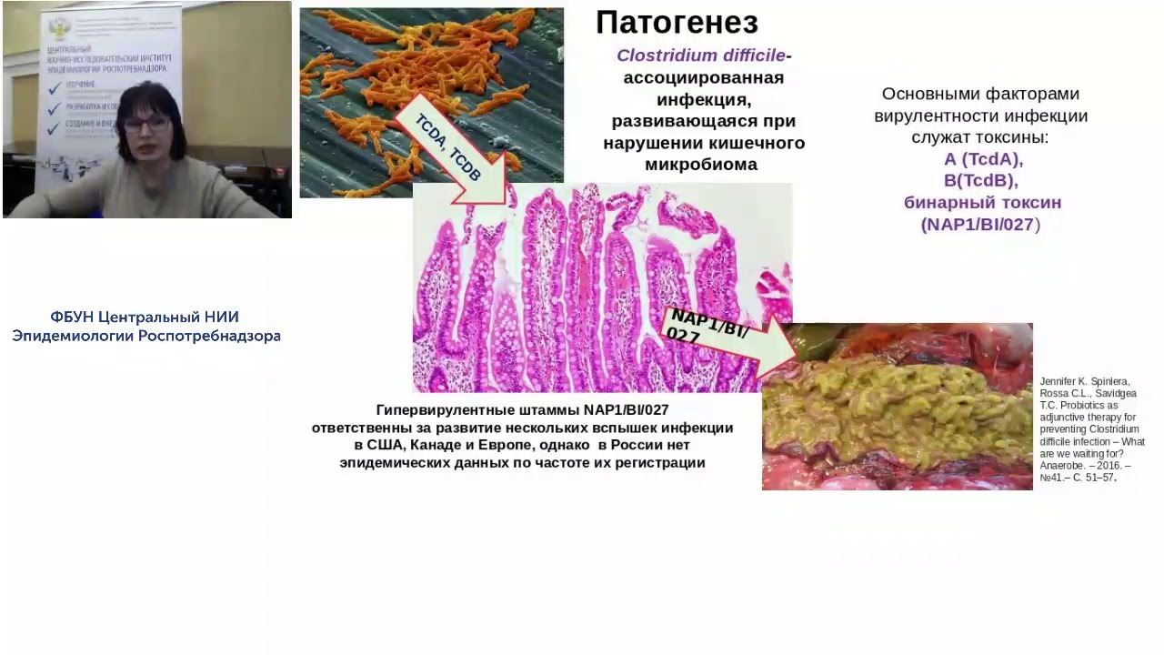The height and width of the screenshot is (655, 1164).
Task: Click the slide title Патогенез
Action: click(677, 23)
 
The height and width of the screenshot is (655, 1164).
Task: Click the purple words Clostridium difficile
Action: click(700, 55)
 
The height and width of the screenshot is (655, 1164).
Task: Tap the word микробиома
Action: click(701, 165)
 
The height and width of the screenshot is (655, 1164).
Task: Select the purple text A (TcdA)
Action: click(983, 159)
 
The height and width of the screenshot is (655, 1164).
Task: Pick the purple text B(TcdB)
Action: click(980, 180)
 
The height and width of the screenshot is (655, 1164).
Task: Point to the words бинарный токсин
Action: click(982, 202)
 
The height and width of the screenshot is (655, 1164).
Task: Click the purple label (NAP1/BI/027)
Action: click(980, 224)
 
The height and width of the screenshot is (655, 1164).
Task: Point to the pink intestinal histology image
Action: click(582, 291)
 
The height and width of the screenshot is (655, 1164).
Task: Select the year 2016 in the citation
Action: click(1109, 465)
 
